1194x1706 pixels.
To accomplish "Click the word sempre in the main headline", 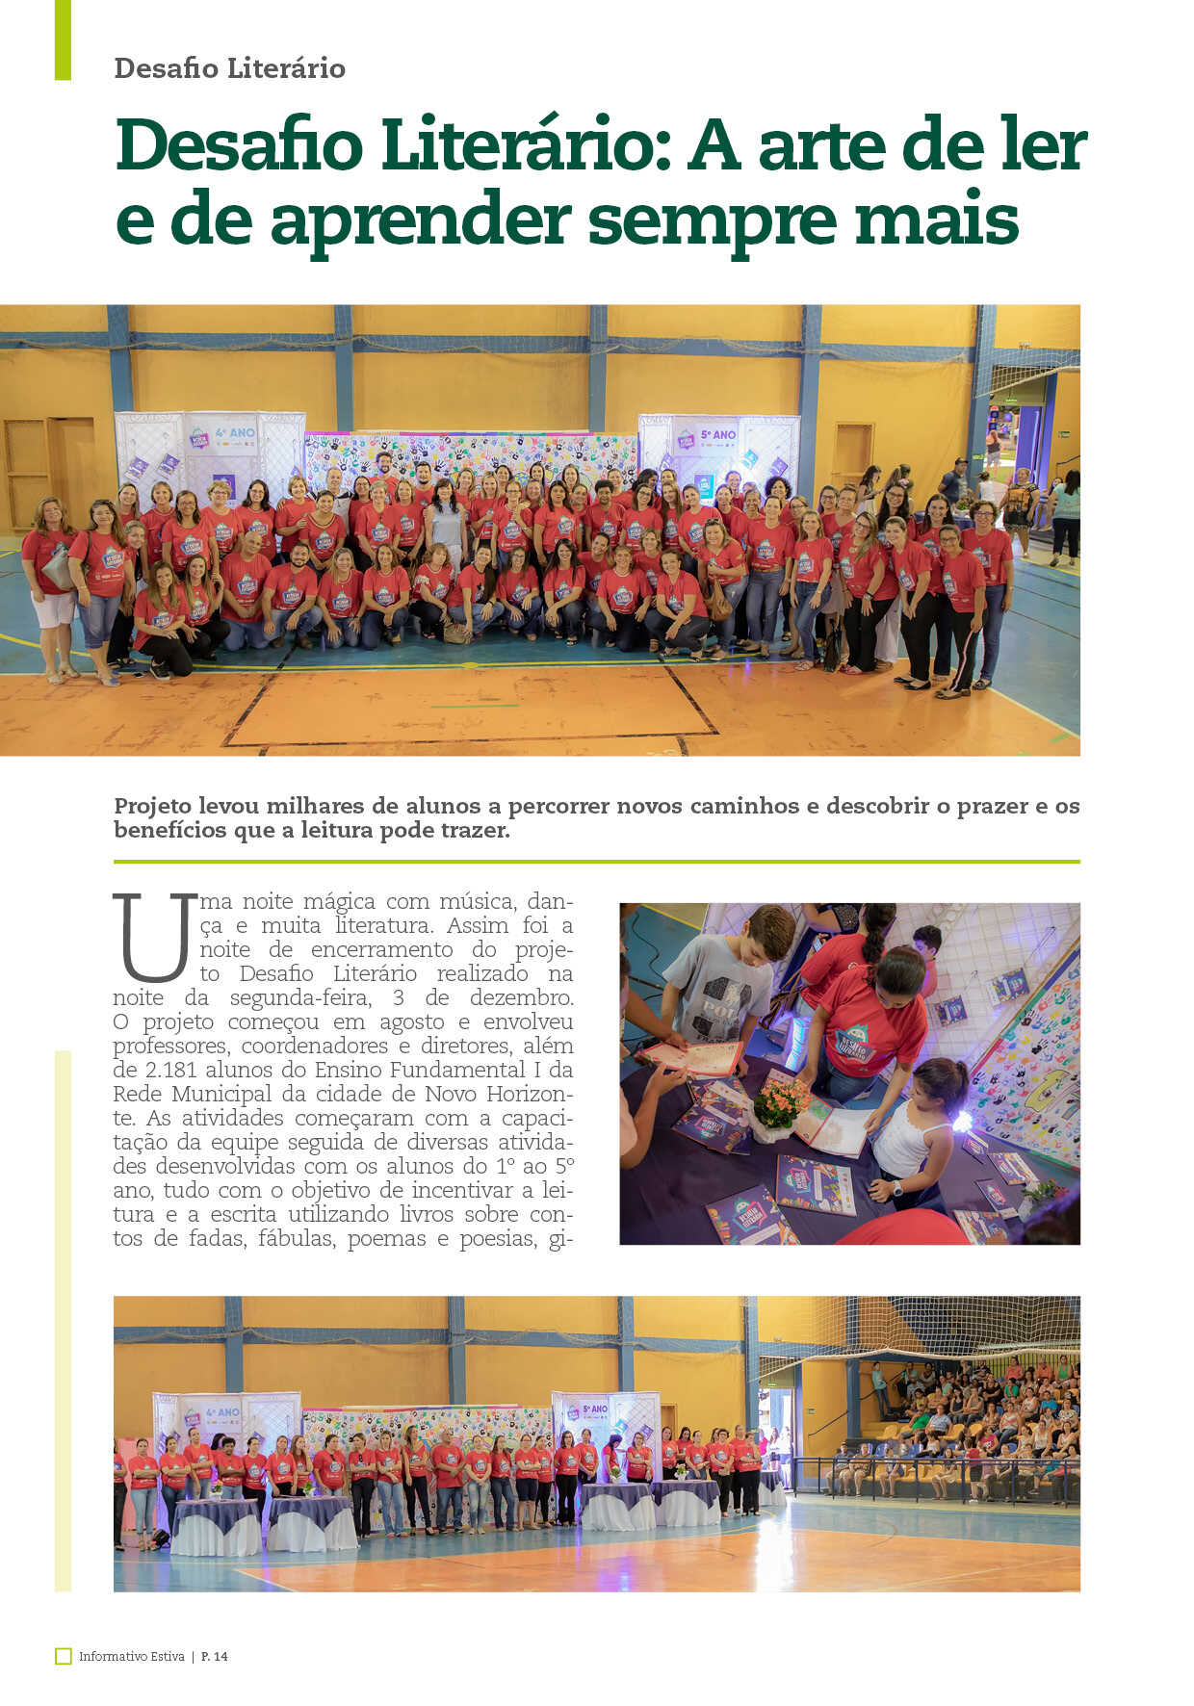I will (x=712, y=220).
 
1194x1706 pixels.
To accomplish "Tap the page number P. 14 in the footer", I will (x=215, y=1656).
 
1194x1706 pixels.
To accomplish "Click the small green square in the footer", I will (x=64, y=1656).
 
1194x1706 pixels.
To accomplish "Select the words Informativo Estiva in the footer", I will (x=132, y=1656).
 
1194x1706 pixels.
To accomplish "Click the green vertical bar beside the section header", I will (x=63, y=39).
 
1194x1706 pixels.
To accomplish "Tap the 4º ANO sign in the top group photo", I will (x=235, y=433).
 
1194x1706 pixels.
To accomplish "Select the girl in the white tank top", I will (x=910, y=1126).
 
